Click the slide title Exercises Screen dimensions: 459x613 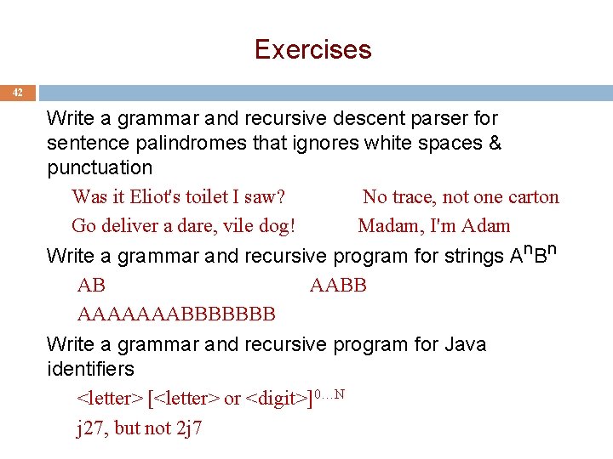(312, 49)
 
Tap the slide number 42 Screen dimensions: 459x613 (18, 93)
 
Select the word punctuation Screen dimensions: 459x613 (100, 167)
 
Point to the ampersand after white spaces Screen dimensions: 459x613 (495, 143)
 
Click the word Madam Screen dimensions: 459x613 (389, 226)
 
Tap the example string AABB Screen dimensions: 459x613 (338, 285)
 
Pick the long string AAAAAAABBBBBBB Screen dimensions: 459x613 (176, 314)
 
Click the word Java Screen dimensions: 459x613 (465, 344)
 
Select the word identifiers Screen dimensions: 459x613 (90, 369)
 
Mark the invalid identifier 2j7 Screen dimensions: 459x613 (187, 428)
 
